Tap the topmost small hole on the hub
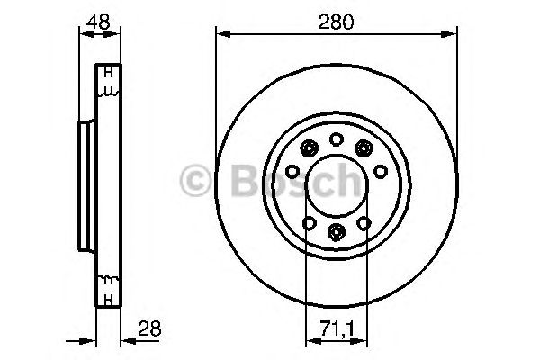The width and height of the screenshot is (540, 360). point(336,139)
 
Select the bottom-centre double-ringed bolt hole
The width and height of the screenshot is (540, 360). point(336,233)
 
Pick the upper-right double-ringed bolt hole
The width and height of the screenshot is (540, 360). point(364,148)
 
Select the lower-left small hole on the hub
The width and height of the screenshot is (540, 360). point(309,223)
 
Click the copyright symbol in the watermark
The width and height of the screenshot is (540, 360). point(195,180)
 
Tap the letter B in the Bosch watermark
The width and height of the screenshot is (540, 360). point(236,180)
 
